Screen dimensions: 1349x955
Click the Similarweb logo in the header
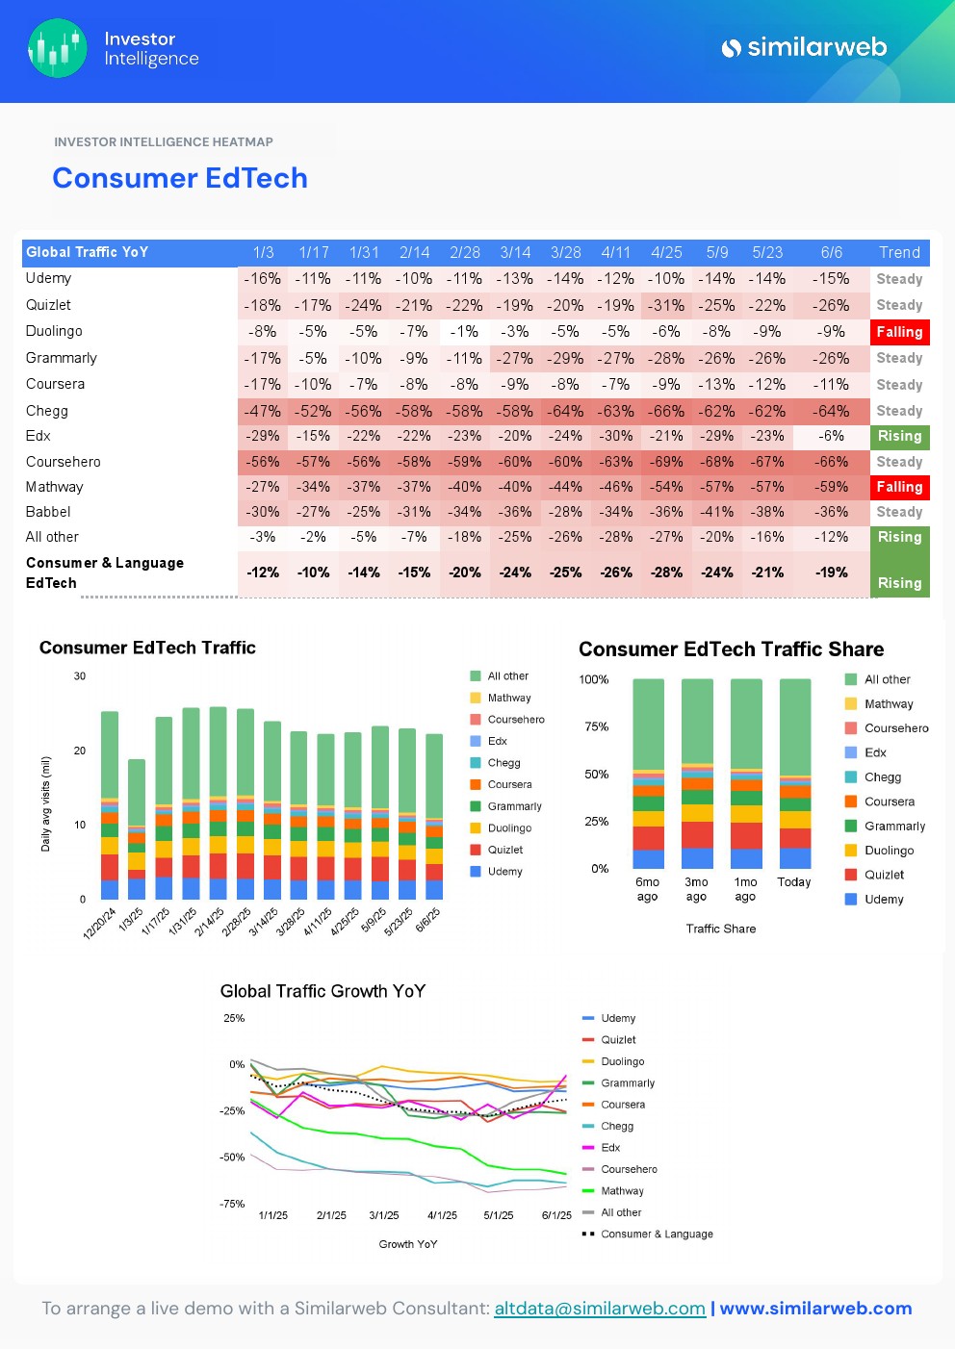pos(804,47)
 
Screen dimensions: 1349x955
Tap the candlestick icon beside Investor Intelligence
pos(58,48)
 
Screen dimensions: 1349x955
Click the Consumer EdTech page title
pos(180,178)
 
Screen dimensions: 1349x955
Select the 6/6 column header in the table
pos(832,252)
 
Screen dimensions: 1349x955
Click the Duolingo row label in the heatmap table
pos(54,331)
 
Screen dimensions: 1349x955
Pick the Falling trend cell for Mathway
pos(899,487)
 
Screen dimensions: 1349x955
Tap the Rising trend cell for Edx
pos(899,436)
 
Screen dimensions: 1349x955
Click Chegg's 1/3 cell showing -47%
pos(262,411)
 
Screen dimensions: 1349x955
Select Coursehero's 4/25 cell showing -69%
pos(666,462)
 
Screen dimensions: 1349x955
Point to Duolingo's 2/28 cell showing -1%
pos(465,331)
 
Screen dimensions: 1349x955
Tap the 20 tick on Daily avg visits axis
pos(80,751)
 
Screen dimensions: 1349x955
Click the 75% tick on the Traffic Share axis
pos(597,726)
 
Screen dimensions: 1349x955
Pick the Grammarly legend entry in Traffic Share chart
pos(894,826)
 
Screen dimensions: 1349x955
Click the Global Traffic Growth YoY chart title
pos(323,991)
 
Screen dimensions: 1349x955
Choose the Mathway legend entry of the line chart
pos(622,1191)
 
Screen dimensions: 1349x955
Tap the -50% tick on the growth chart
pos(232,1158)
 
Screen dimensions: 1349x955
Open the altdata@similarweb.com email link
pos(600,1309)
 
